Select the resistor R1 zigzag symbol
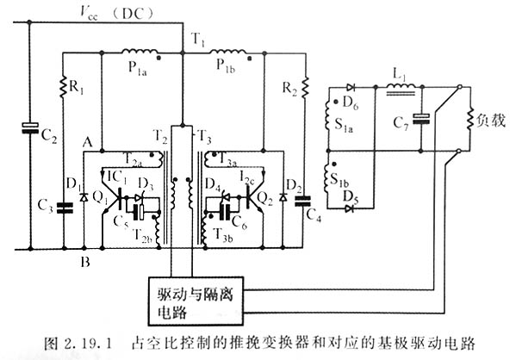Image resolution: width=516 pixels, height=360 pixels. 64,87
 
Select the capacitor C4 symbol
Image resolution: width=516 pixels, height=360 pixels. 300,202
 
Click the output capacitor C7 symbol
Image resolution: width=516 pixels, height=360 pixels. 422,120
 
